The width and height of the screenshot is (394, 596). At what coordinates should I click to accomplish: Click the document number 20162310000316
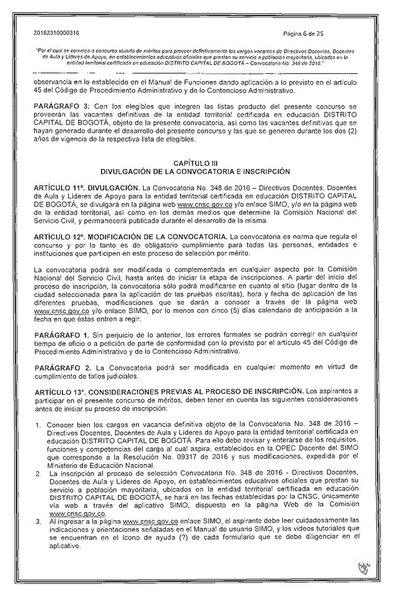56,34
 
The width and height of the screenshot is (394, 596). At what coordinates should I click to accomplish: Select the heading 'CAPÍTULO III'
197,163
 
